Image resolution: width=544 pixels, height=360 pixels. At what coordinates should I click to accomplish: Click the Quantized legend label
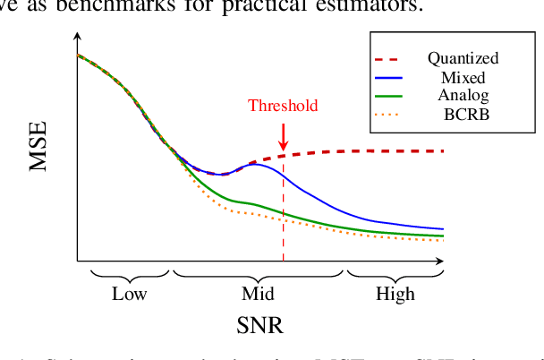coord(463,59)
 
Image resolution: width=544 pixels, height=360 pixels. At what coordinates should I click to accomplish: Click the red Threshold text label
coord(283,106)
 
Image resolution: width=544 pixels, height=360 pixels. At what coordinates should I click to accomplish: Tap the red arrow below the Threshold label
coord(283,136)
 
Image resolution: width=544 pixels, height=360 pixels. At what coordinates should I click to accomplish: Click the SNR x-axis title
coord(259,329)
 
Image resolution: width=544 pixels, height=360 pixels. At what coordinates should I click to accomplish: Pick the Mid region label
coord(259,294)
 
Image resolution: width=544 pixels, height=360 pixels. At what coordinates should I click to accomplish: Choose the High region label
coord(395,294)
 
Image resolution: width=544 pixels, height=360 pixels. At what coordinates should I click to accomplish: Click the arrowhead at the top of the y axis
coord(77,39)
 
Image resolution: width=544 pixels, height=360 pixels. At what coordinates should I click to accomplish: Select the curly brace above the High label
coord(395,272)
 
